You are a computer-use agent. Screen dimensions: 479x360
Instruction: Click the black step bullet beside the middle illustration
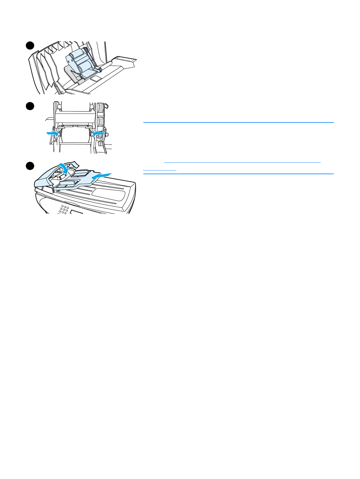point(29,106)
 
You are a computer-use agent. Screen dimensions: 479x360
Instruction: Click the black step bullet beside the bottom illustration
point(29,166)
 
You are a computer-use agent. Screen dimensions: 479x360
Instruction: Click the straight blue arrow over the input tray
point(102,176)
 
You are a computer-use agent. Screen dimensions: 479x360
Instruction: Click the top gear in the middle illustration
point(100,108)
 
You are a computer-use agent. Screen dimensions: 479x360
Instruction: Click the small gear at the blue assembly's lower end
point(99,70)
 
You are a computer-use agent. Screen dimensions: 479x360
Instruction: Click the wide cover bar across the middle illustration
point(76,118)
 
